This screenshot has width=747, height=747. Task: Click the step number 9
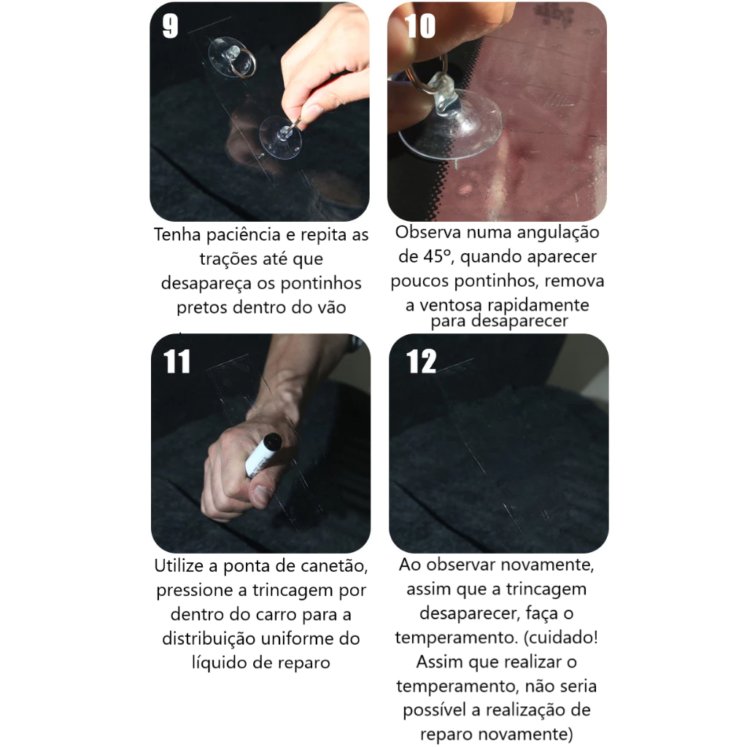tap(170, 26)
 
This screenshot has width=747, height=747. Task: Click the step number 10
tap(419, 26)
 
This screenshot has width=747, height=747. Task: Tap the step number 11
tap(177, 361)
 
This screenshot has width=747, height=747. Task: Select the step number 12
tap(421, 361)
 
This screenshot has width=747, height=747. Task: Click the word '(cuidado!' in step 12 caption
tap(561, 637)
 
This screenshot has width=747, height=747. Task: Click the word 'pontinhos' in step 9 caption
tap(321, 283)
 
